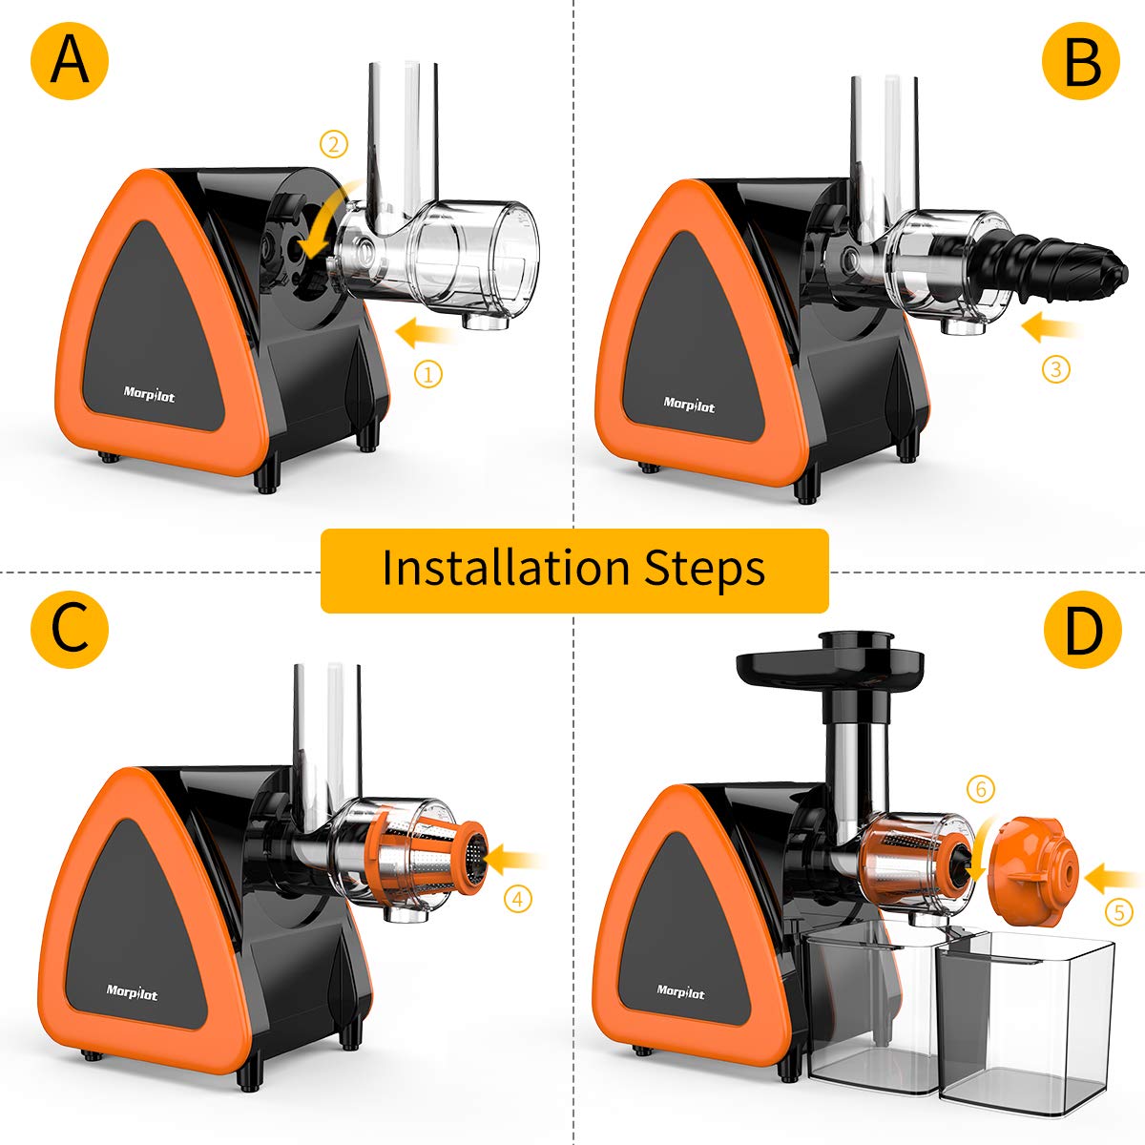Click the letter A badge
(x=70, y=61)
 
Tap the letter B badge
(x=1080, y=61)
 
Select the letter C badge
(x=70, y=629)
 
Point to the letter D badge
(x=1080, y=629)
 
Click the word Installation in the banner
(x=506, y=569)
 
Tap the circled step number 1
(x=427, y=374)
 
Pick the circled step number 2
(x=333, y=145)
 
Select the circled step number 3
(x=1055, y=367)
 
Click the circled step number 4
(x=518, y=898)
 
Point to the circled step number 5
(x=1118, y=912)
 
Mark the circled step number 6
(x=980, y=789)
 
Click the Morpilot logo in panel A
(x=149, y=392)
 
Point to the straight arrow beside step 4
(x=515, y=860)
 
